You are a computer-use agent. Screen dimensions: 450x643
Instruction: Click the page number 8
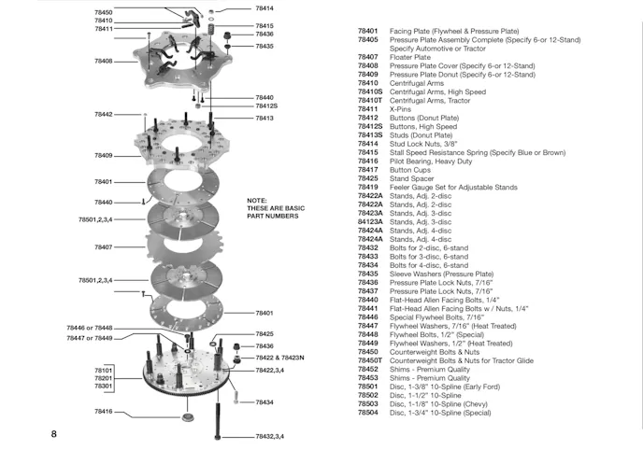tap(54, 434)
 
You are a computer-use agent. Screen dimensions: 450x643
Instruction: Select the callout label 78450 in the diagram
tap(104, 12)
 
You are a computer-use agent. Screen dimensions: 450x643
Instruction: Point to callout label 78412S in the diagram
tap(266, 105)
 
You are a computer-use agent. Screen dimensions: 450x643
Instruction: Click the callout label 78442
tap(104, 114)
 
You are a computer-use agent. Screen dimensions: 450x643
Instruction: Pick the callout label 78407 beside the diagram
tap(104, 247)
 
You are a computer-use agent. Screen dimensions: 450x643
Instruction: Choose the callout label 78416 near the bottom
tap(104, 411)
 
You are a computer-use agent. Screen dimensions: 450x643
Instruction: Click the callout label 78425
tap(264, 333)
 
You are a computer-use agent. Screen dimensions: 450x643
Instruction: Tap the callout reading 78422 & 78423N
tap(280, 359)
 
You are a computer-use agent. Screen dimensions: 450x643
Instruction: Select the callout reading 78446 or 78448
tap(89, 329)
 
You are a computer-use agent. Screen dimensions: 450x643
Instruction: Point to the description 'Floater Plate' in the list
tap(410, 57)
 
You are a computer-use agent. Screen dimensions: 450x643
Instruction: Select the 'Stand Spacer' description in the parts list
tap(413, 178)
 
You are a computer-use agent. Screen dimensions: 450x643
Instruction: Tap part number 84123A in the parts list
tap(371, 221)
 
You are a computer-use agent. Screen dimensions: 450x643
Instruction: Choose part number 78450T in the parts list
tap(371, 360)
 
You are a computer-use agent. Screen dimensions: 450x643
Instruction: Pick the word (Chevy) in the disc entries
tap(467, 403)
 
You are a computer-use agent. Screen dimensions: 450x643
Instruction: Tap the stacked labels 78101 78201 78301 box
tap(104, 378)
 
